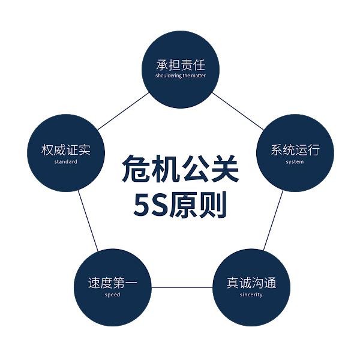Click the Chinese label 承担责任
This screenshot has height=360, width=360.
(181, 65)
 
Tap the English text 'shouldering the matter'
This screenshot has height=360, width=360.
(181, 76)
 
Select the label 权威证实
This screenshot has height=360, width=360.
(66, 150)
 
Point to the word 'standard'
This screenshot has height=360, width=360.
(66, 161)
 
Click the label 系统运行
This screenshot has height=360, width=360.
(295, 150)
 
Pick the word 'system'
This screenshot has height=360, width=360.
(295, 162)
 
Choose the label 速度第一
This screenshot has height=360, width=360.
(113, 283)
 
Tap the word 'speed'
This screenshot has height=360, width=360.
(113, 295)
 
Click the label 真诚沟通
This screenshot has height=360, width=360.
(251, 283)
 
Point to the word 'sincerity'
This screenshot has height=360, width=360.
(251, 295)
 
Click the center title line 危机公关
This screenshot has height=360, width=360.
(180, 169)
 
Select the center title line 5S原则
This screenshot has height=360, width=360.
(180, 205)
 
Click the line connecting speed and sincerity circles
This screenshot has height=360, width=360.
(182, 287)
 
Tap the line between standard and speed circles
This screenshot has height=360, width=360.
(88, 220)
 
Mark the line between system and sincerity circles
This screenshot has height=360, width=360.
(273, 220)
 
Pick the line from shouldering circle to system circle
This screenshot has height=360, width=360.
(238, 111)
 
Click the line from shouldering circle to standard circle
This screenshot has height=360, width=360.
(123, 111)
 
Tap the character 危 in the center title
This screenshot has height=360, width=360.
(136, 169)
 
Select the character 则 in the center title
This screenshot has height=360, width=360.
(213, 205)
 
